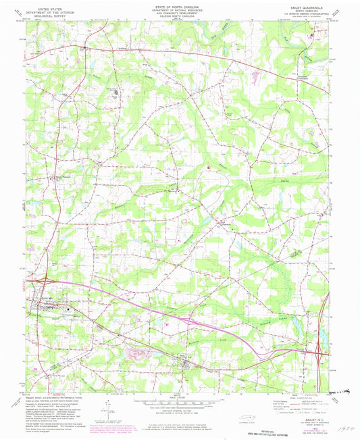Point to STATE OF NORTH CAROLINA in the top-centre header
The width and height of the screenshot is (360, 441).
179,3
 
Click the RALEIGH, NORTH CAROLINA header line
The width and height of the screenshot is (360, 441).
179,16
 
